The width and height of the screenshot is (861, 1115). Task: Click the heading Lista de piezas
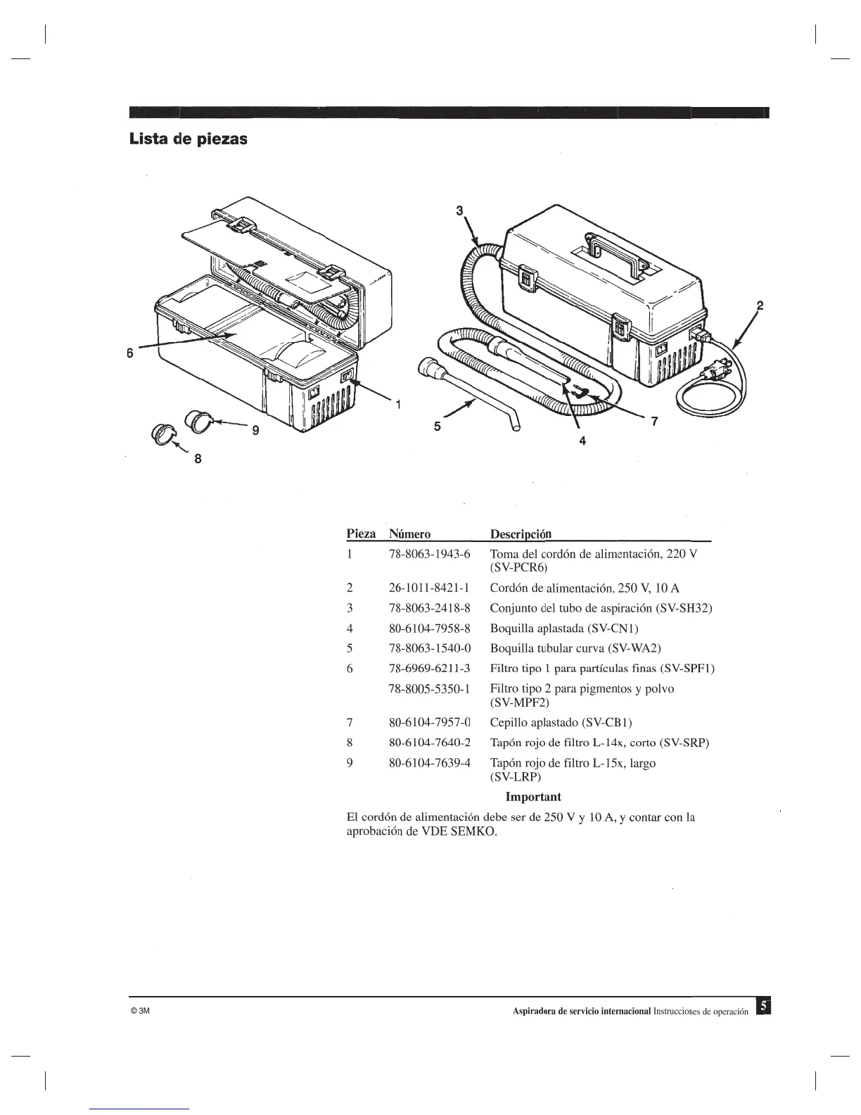[188, 139]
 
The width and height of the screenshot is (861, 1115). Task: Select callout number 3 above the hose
[460, 209]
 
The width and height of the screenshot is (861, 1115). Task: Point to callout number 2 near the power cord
[759, 305]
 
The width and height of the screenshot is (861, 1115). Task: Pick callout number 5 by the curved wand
[437, 425]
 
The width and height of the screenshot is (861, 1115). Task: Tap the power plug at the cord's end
[725, 364]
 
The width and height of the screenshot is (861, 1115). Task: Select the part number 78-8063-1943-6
[429, 554]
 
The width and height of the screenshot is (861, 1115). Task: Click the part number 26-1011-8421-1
[429, 588]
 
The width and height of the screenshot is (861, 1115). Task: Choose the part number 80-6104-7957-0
[429, 722]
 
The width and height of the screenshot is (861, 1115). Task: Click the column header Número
[409, 534]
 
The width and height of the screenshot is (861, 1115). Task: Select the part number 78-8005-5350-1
[429, 688]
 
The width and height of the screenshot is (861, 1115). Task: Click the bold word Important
[533, 797]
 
